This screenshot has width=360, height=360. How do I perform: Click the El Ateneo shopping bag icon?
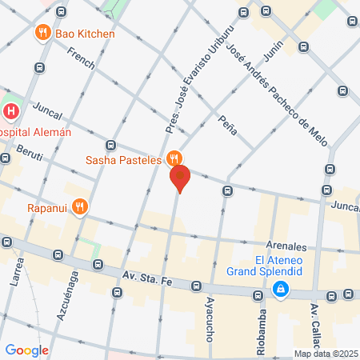pyautogui.click(x=280, y=289)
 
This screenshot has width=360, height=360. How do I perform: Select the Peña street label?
pyautogui.click(x=227, y=125)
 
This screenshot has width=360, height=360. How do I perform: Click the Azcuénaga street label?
pyautogui.click(x=74, y=295)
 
